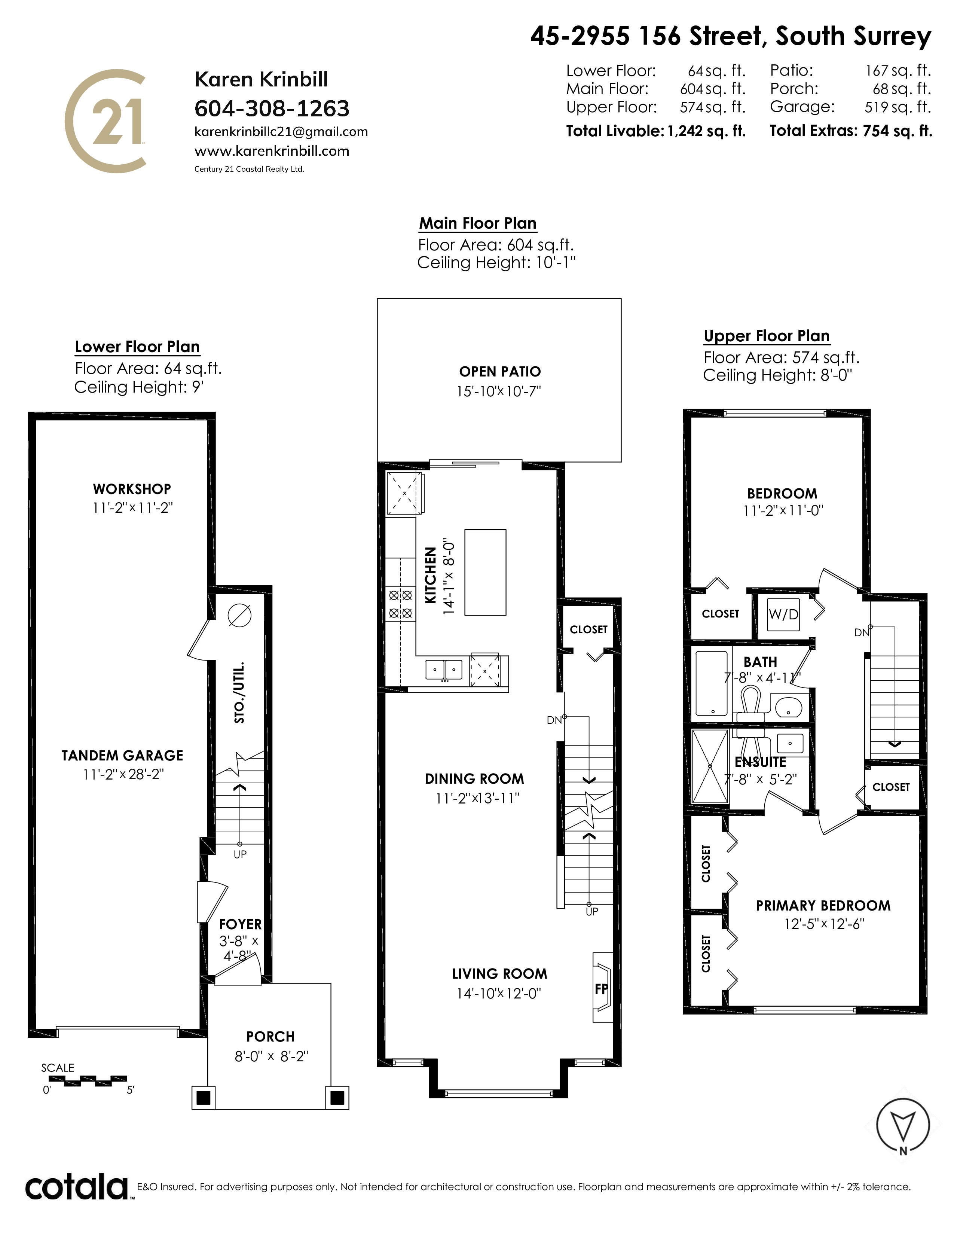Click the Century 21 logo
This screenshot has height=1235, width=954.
tap(106, 121)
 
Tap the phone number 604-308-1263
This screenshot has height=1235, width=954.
tap(272, 108)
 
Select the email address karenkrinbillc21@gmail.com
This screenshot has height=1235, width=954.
tap(281, 132)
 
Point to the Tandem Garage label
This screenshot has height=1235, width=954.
tap(122, 756)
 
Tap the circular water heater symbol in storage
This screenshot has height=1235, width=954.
tap(239, 615)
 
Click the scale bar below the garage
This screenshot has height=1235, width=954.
tap(95, 1081)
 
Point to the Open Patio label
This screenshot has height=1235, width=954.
tap(499, 372)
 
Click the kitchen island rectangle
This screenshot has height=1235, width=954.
tap(485, 572)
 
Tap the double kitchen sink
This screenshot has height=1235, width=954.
tap(444, 670)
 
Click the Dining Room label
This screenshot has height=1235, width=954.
tap(474, 779)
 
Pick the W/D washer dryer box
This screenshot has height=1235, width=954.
tap(783, 614)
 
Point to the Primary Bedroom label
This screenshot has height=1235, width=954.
tap(823, 905)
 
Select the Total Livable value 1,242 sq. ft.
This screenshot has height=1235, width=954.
tap(706, 131)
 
